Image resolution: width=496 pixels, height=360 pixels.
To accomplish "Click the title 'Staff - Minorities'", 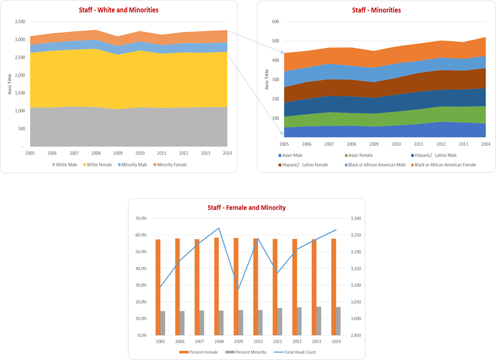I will (376, 10).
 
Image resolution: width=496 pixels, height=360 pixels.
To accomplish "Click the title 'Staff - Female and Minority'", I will (246, 208).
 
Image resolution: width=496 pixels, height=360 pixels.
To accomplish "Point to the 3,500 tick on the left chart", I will (19, 22).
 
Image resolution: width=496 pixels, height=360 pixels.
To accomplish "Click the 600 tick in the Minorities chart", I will (274, 22).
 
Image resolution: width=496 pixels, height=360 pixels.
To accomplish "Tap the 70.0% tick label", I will (141, 218).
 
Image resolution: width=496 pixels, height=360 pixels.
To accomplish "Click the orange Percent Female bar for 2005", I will (158, 287).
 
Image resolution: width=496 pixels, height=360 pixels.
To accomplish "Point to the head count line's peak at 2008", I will (219, 228).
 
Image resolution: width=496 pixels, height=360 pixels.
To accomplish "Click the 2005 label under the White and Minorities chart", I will (31, 153).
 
